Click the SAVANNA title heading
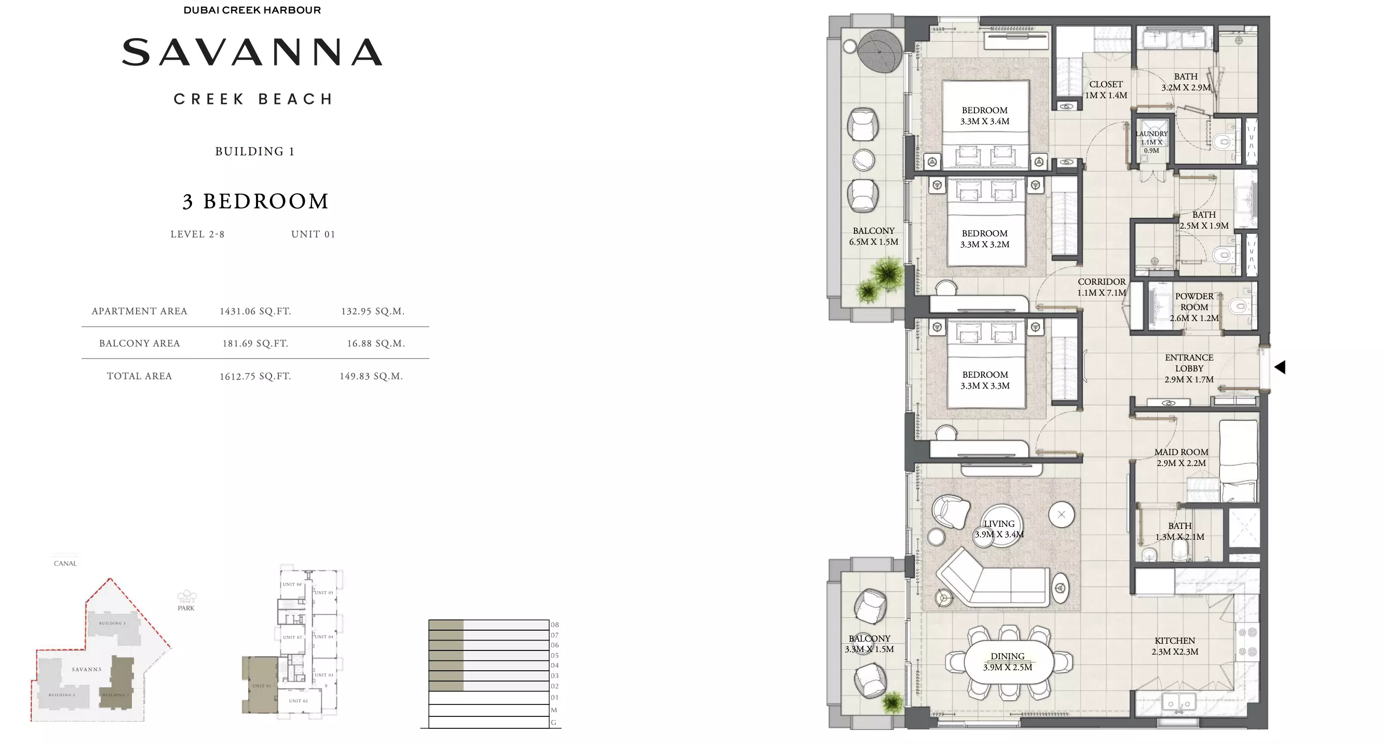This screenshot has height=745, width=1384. (252, 52)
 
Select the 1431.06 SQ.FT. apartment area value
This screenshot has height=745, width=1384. (255, 311)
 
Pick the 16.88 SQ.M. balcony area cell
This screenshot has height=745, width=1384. (375, 343)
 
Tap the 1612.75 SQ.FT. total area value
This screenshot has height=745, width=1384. (255, 376)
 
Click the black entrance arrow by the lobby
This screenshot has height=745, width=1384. (1280, 367)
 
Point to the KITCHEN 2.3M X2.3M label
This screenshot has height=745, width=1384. (1174, 646)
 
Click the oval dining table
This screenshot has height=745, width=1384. (1008, 662)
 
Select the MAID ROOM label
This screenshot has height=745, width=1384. (1181, 457)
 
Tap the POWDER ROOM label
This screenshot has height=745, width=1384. (1194, 307)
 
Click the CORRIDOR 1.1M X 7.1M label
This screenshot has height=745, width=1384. (1102, 287)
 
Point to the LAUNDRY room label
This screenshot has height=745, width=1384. (1151, 142)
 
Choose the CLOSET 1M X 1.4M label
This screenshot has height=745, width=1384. (1106, 90)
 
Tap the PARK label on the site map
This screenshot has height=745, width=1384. (186, 608)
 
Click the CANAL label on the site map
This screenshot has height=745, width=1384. (65, 563)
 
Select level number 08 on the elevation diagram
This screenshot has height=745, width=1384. (554, 624)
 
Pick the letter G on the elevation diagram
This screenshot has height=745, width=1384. (553, 723)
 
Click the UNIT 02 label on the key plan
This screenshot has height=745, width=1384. (298, 701)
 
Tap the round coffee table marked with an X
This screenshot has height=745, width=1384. (1061, 514)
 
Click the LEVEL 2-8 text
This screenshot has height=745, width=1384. (197, 234)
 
